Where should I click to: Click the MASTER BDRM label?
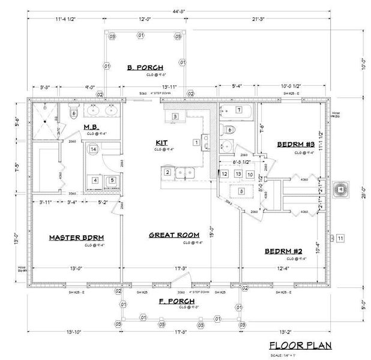74,238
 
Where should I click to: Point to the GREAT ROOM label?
175,235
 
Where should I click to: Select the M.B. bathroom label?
91,127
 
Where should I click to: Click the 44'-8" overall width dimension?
179,12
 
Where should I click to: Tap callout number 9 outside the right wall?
341,188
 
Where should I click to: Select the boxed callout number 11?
340,239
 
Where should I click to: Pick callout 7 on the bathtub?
239,109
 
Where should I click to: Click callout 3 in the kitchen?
175,115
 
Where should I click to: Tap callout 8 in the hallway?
241,191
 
